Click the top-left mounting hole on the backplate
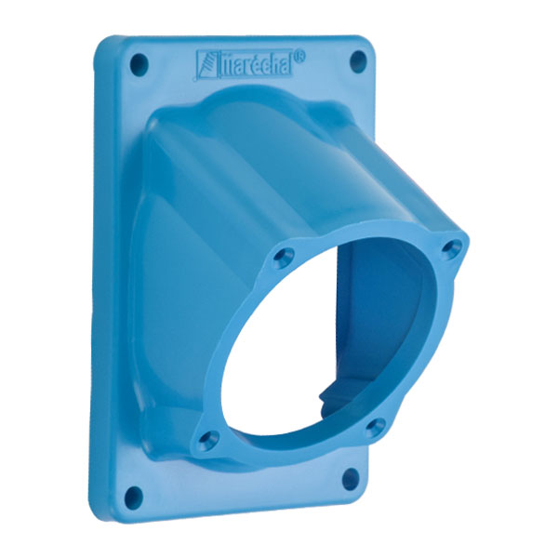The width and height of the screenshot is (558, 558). pos(139,65)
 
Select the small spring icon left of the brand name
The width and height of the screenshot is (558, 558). pos(204,66)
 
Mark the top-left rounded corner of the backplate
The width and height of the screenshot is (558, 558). pos(104,42)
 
